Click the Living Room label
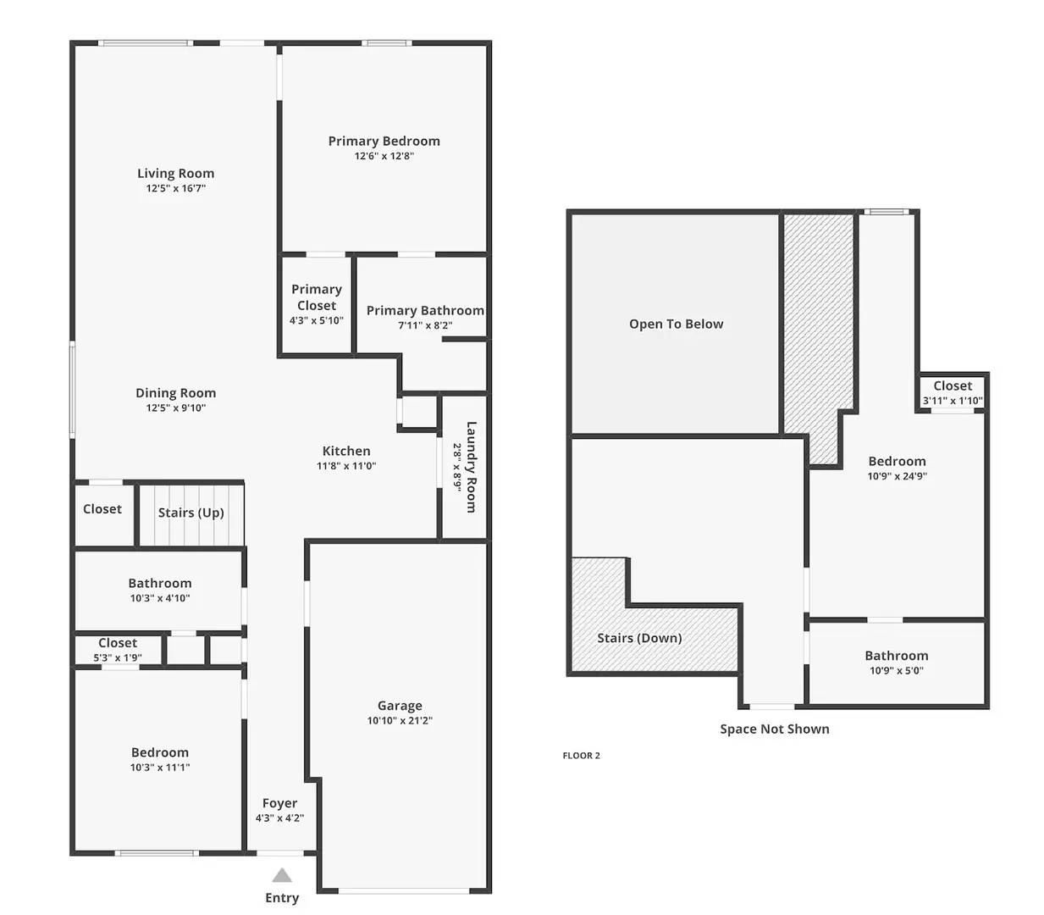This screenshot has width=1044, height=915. pyautogui.click(x=175, y=174)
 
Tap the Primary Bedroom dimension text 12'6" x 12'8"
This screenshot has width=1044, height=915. pyautogui.click(x=384, y=156)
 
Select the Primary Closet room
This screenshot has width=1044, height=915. pyautogui.click(x=316, y=304)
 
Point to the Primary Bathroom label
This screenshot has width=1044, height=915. pyautogui.click(x=425, y=311)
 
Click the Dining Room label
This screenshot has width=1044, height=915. pyautogui.click(x=175, y=393)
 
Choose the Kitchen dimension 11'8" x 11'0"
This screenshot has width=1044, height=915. pyautogui.click(x=346, y=466)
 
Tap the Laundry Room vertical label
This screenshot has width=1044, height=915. pyautogui.click(x=471, y=467)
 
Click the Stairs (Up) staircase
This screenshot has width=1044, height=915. pyautogui.click(x=191, y=513)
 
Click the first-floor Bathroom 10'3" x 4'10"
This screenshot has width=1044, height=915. pyautogui.click(x=159, y=590)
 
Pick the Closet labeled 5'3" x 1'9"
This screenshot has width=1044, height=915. pyautogui.click(x=118, y=650)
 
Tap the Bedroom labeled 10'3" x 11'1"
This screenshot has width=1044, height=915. pyautogui.click(x=159, y=759)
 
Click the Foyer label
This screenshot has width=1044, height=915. pyautogui.click(x=279, y=803)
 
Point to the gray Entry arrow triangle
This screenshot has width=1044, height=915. pyautogui.click(x=282, y=875)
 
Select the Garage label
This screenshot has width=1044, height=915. pyautogui.click(x=400, y=706)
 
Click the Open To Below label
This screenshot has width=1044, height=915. pyautogui.click(x=676, y=324)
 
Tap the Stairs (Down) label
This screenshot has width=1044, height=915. pyautogui.click(x=639, y=638)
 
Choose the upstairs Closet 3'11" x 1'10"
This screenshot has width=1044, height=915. pyautogui.click(x=953, y=392)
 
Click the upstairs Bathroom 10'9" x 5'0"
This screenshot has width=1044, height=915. pyautogui.click(x=896, y=662)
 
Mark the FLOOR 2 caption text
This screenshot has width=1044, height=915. pyautogui.click(x=581, y=756)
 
